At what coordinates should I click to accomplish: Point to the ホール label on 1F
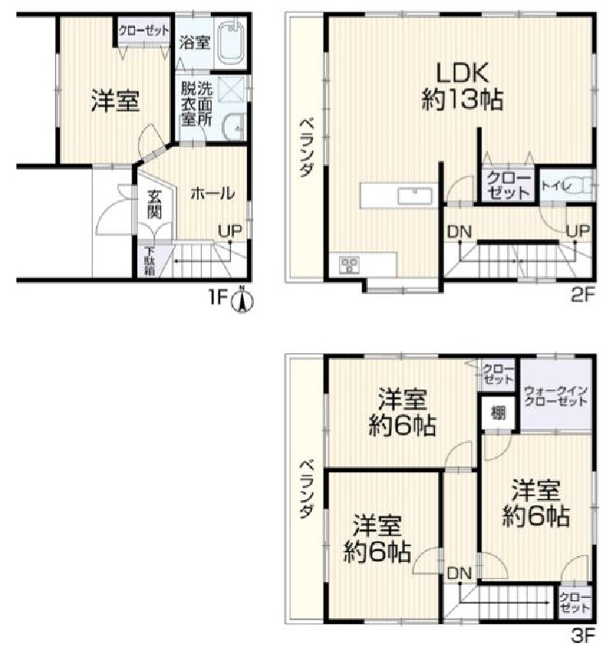(213, 194)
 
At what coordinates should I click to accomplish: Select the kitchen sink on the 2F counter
(415, 195)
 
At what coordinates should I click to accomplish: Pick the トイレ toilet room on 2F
(566, 185)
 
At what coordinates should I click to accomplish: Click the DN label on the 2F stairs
(459, 232)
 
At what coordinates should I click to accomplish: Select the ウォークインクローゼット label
(555, 397)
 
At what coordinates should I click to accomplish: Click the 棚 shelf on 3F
(498, 413)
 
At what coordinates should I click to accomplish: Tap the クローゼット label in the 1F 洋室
(143, 30)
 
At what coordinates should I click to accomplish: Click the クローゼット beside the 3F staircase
(574, 604)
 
